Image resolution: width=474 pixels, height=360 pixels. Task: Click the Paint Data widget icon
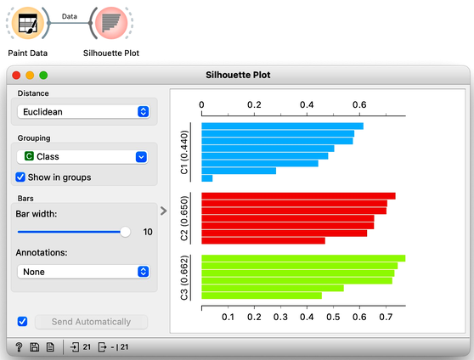[x=28, y=23]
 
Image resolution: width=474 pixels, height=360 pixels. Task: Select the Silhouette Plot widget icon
[x=111, y=23]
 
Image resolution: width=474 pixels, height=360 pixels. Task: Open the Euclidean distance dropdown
[x=83, y=111]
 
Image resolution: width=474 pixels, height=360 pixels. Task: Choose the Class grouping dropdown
[x=82, y=156]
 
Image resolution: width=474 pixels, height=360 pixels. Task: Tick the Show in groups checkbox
[x=20, y=177]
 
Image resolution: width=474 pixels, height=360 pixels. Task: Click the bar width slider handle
[x=125, y=232]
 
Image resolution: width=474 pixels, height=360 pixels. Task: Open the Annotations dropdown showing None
[x=83, y=272]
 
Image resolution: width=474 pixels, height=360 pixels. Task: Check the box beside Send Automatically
[x=22, y=321]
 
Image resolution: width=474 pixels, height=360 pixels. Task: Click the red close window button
[x=16, y=75]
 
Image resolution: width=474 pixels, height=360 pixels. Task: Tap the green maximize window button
[x=43, y=75]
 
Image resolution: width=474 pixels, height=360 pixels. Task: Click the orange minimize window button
[x=30, y=75]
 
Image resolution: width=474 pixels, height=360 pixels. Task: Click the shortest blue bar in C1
[x=207, y=178]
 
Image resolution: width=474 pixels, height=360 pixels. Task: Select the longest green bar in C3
[x=303, y=258]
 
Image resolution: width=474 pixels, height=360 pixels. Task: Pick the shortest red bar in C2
[x=263, y=240]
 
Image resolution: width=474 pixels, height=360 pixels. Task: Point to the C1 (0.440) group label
[x=184, y=152]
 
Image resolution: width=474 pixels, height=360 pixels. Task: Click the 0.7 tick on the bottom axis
[x=386, y=317]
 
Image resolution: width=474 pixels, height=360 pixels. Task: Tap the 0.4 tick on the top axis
[x=307, y=105]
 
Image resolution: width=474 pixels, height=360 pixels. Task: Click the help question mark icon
[x=19, y=347]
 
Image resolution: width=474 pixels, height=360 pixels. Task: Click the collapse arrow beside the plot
[x=164, y=211]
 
